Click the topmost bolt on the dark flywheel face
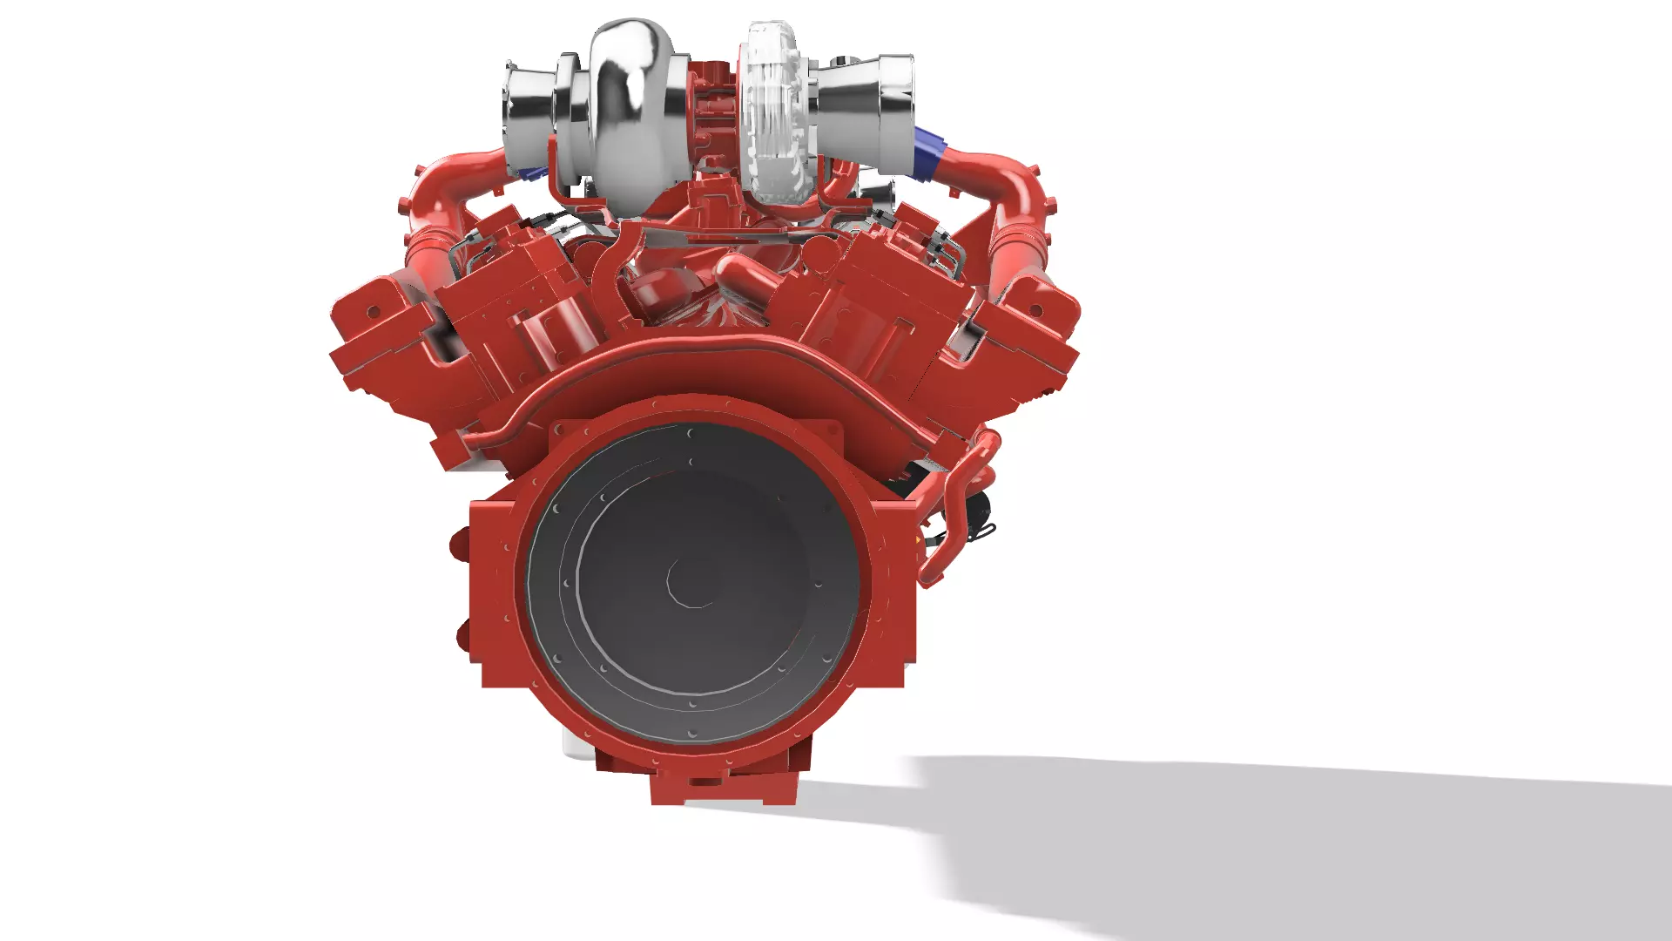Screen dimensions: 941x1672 [x=691, y=433]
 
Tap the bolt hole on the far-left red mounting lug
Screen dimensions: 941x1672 [x=375, y=310]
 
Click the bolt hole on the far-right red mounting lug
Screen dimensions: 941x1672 [x=1036, y=310]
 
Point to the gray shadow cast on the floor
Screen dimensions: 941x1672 [x=1263, y=836]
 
